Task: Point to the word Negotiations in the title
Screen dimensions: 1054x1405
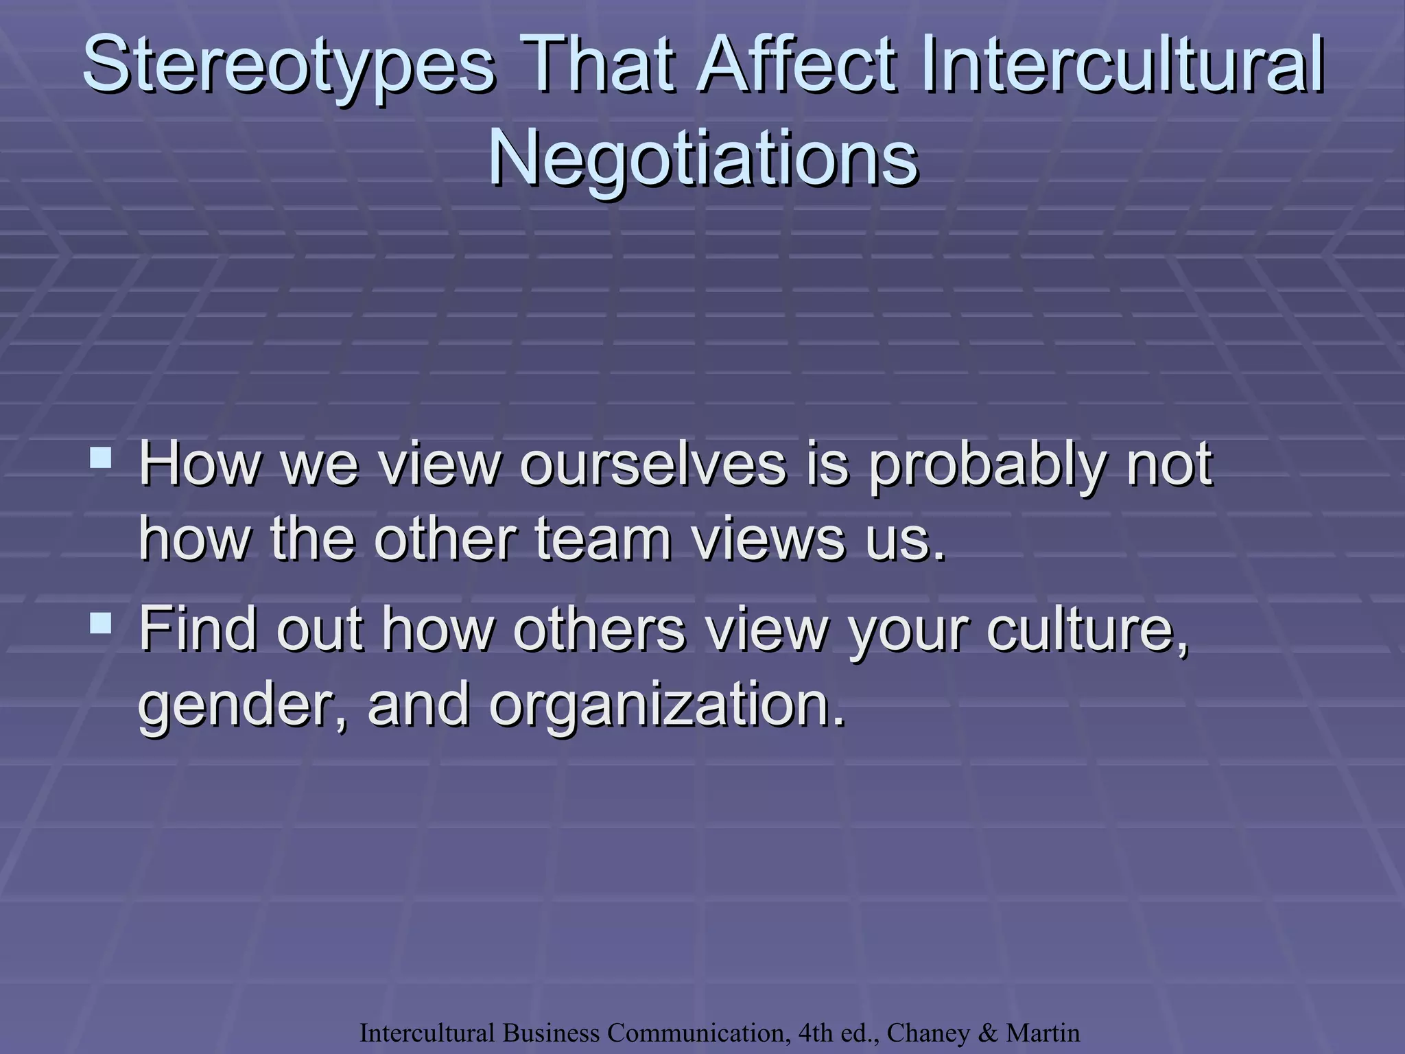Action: [x=702, y=159]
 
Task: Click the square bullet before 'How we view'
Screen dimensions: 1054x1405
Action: [x=101, y=458]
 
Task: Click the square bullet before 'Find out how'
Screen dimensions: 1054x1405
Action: [x=101, y=622]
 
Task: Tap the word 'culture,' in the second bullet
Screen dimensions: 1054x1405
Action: [x=1087, y=630]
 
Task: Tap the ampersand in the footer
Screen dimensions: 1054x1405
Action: [x=989, y=1033]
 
